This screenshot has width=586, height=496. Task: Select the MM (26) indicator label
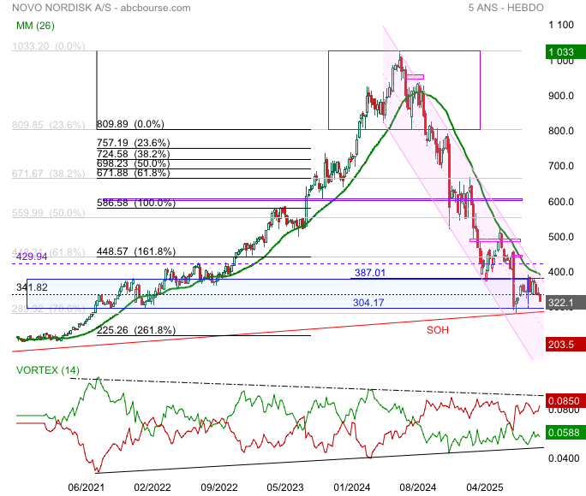click(x=35, y=26)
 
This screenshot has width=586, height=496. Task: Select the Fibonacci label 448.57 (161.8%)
click(x=136, y=251)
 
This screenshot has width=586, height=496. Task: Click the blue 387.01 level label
click(x=371, y=273)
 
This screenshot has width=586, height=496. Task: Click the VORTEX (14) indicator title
click(x=48, y=369)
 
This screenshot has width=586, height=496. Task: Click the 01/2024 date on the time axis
click(x=352, y=487)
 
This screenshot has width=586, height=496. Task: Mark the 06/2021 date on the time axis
click(x=87, y=487)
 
